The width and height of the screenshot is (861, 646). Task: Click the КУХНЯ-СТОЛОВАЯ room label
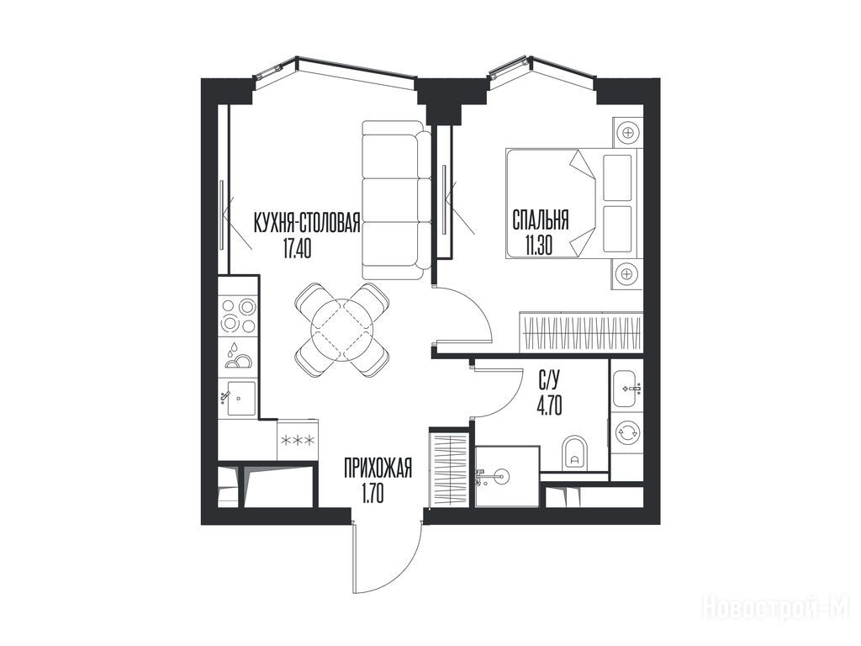(x=306, y=223)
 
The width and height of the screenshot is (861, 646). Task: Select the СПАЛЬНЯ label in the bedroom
(x=541, y=220)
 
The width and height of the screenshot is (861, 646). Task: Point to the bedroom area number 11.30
(x=538, y=246)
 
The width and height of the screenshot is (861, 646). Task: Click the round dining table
(x=341, y=330)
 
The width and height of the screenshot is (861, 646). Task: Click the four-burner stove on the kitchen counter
(x=238, y=315)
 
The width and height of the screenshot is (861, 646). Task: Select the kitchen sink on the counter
(x=240, y=398)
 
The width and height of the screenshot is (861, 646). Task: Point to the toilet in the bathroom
(x=574, y=453)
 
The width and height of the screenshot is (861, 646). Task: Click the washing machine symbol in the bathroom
(x=626, y=432)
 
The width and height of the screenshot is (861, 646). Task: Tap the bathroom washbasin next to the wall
(x=627, y=389)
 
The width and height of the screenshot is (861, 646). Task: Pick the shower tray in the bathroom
(x=506, y=477)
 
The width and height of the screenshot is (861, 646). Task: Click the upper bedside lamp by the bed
(x=627, y=132)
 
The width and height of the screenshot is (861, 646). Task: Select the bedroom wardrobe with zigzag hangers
(x=581, y=331)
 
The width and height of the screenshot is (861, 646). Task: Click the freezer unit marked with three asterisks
(x=298, y=440)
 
